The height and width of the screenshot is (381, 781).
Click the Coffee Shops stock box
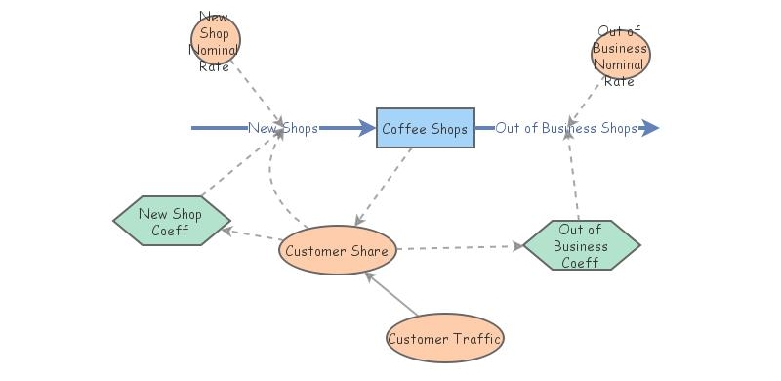[x=426, y=128]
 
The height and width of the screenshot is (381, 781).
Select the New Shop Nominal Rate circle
[x=215, y=41]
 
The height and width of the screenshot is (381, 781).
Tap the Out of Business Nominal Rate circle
[x=620, y=54]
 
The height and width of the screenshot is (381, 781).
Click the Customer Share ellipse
[x=338, y=251]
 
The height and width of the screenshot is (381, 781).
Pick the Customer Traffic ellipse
[x=445, y=339]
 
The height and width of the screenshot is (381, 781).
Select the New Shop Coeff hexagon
[x=171, y=222]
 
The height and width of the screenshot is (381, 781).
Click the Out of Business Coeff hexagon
[x=581, y=245]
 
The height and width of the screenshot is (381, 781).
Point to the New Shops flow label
[x=282, y=128]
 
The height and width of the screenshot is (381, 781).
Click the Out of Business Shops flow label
[x=566, y=128]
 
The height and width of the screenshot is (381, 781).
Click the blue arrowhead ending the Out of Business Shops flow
[x=650, y=128]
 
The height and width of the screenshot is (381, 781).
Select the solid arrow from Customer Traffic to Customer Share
[x=393, y=295]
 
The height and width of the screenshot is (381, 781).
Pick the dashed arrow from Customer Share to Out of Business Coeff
[x=459, y=248]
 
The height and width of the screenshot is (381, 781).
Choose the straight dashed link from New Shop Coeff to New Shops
[x=234, y=166]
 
